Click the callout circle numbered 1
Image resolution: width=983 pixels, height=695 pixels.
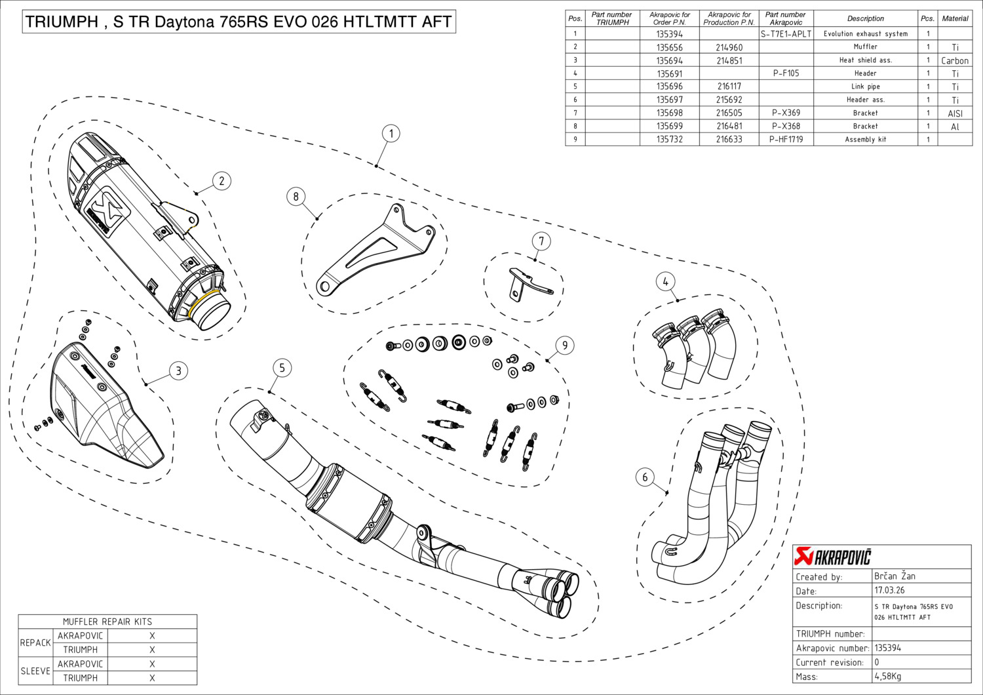tap(391, 134)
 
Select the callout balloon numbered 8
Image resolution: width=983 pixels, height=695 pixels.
tap(296, 196)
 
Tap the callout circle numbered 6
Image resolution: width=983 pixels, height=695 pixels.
tap(645, 477)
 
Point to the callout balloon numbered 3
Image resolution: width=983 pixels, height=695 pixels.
tap(178, 371)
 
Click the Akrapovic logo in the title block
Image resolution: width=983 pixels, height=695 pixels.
tap(832, 557)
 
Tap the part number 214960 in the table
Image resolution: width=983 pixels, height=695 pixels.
tap(729, 47)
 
